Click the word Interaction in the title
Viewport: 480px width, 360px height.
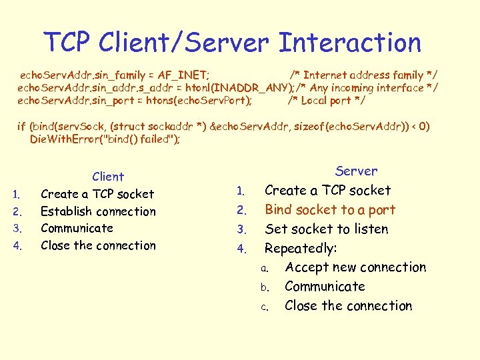pyautogui.click(x=350, y=43)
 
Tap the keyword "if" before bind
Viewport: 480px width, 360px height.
pyautogui.click(x=21, y=126)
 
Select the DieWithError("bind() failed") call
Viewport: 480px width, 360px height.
pyautogui.click(x=105, y=139)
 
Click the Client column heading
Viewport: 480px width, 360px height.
pyautogui.click(x=108, y=177)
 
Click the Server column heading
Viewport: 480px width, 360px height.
pyautogui.click(x=356, y=171)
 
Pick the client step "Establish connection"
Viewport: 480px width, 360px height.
pyautogui.click(x=98, y=211)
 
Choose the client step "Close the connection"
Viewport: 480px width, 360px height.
pyautogui.click(x=98, y=245)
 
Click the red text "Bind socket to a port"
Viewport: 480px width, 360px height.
pyautogui.click(x=330, y=210)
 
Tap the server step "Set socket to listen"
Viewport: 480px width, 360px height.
pyautogui.click(x=326, y=229)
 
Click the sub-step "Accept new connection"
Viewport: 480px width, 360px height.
pyautogui.click(x=355, y=267)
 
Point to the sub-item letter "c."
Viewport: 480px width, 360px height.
pyautogui.click(x=265, y=307)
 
